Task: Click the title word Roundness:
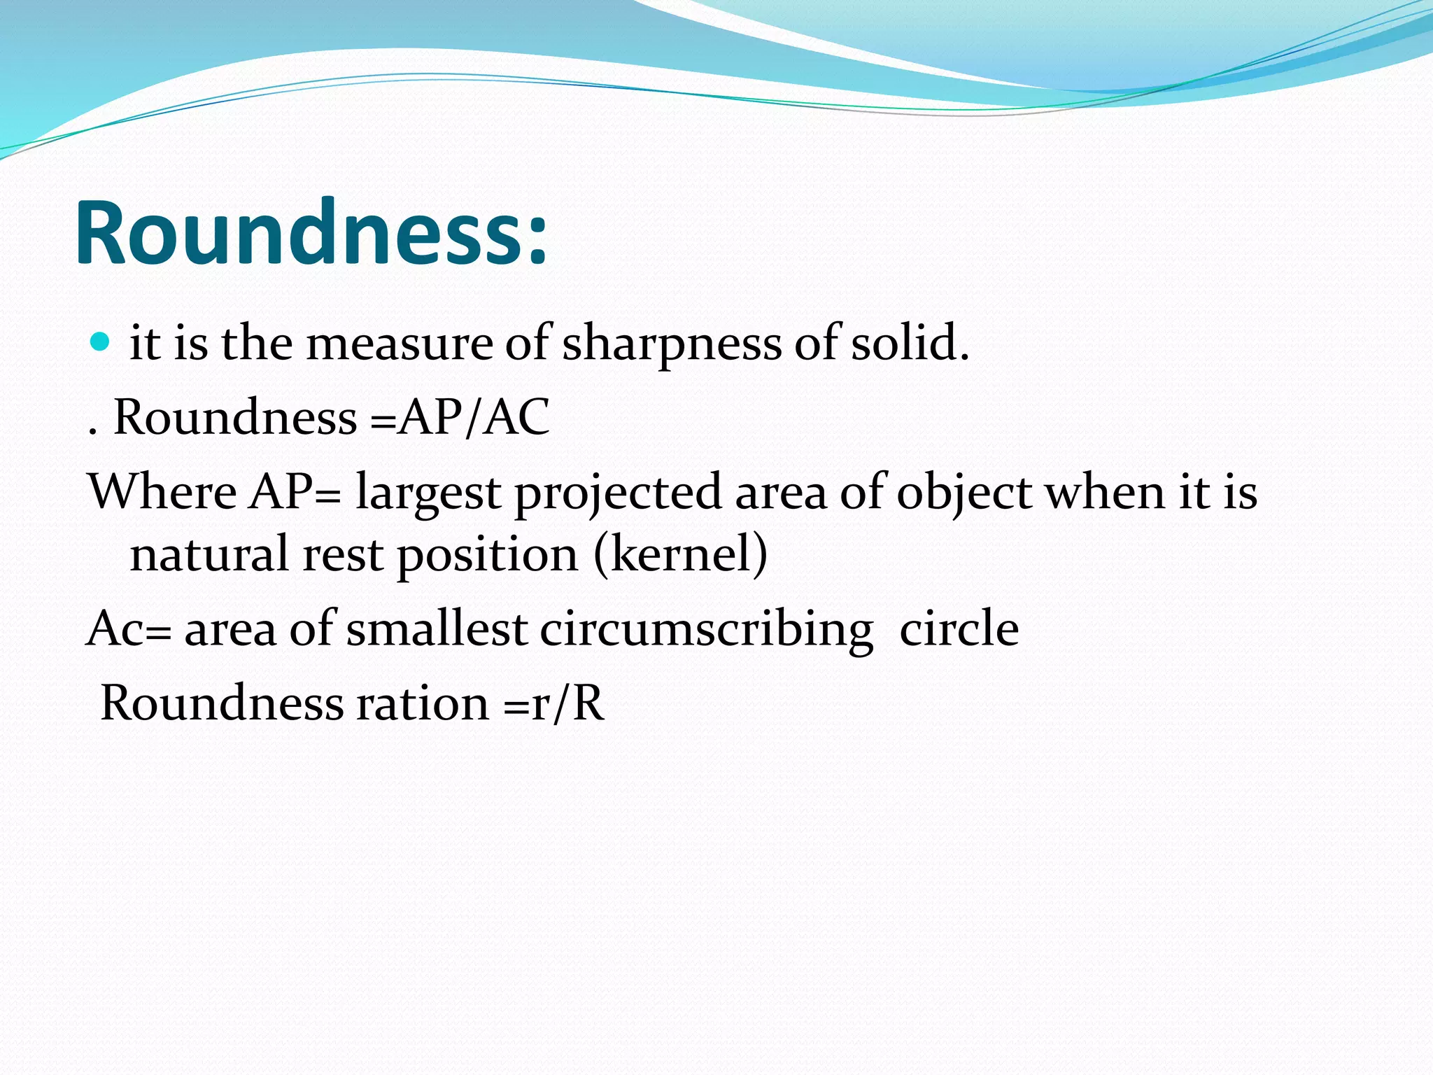(311, 232)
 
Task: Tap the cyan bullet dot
(101, 342)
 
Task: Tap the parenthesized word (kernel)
(680, 554)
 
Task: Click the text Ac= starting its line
(128, 628)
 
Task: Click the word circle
(959, 628)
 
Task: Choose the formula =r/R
(553, 703)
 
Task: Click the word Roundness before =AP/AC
(235, 417)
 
